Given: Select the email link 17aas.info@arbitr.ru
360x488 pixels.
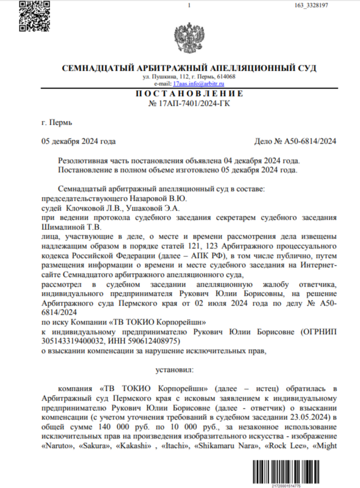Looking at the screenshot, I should coord(189,84).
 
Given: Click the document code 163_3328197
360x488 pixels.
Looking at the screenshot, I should coord(320,5).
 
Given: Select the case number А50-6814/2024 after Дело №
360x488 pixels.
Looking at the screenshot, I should coord(310,141).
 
